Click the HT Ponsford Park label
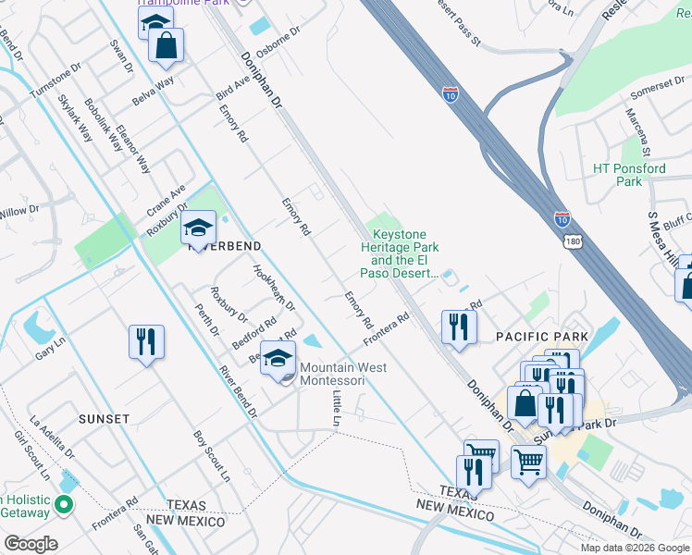(x=629, y=175)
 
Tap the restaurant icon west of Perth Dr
(x=147, y=342)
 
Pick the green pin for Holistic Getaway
(x=63, y=505)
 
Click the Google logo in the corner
(x=31, y=544)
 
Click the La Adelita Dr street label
(x=52, y=437)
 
